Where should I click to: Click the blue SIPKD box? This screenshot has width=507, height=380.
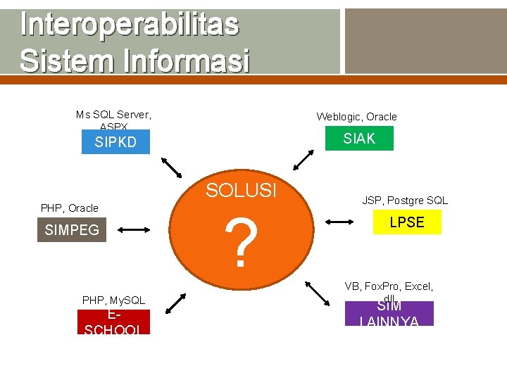coord(115,142)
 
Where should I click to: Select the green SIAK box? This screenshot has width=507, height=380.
coord(359,139)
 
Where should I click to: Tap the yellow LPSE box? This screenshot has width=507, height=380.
coord(407,222)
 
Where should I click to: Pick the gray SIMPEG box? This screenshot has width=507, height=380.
coord(72,229)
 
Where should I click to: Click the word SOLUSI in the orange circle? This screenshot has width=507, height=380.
coord(241,191)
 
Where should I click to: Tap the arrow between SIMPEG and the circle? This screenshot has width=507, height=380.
coord(134,229)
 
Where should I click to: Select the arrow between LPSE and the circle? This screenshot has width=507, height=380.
coord(341,222)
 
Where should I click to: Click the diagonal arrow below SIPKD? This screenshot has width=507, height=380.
coord(171,167)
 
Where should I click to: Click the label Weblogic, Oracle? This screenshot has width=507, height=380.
coord(356,117)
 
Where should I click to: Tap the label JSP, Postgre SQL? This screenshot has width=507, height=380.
coord(405,201)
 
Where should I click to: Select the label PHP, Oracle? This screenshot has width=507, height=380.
coord(70,208)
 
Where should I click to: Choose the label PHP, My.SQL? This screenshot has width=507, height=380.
coord(113,300)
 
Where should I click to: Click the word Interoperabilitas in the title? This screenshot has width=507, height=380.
coord(130,25)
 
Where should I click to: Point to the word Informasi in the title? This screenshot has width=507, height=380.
coord(186,61)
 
